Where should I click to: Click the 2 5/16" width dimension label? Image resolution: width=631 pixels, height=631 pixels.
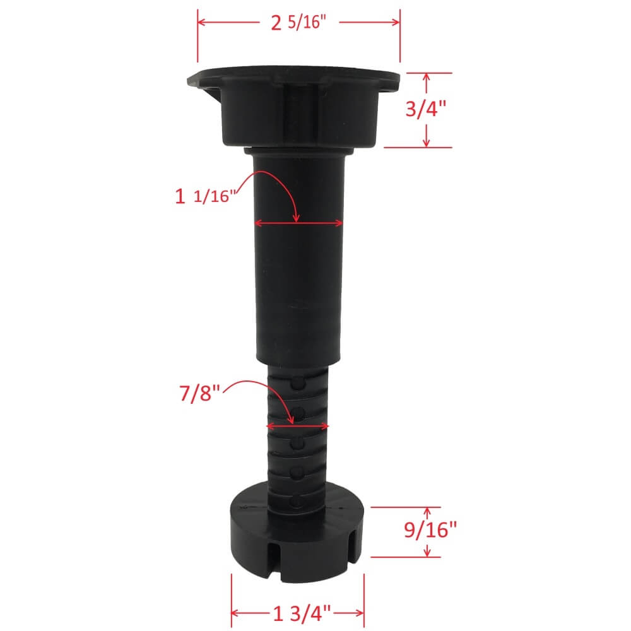click(x=298, y=23)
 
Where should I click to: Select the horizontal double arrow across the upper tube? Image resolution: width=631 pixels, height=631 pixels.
click(x=298, y=223)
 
